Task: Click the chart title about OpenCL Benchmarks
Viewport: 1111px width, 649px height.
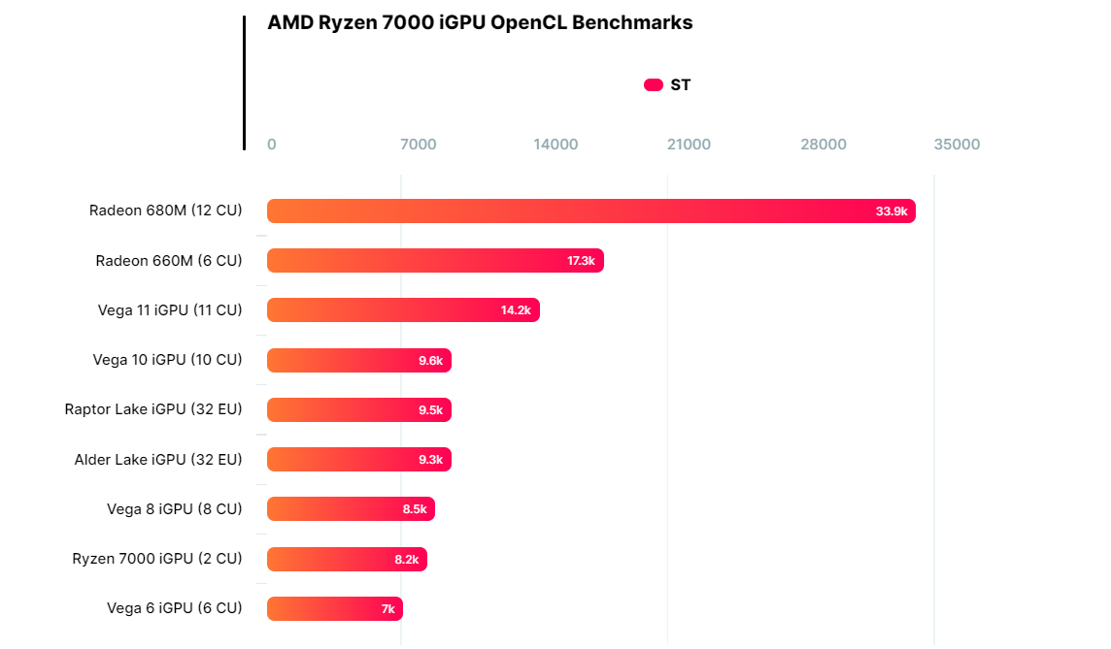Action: tap(480, 23)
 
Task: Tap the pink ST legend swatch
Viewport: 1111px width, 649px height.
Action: tap(654, 85)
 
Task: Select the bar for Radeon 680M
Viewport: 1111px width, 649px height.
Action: tap(590, 211)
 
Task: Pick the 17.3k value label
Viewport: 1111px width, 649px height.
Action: tap(581, 261)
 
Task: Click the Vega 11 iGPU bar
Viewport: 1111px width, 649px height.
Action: tap(403, 310)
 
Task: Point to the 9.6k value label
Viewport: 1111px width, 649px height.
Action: tap(430, 361)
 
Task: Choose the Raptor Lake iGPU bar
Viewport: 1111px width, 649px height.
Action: tap(359, 410)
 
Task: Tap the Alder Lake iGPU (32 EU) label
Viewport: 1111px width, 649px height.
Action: tap(158, 460)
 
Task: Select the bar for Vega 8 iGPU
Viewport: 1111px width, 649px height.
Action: tap(351, 509)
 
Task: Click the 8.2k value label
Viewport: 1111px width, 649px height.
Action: tap(407, 560)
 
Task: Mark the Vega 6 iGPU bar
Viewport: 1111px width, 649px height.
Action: tap(334, 609)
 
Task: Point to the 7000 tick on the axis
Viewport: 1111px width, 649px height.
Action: tap(419, 145)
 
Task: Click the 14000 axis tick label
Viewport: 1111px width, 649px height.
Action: tap(555, 145)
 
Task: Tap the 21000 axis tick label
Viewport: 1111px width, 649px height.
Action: tap(689, 145)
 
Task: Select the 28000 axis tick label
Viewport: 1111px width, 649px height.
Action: tap(824, 145)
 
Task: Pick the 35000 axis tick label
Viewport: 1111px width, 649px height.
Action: tap(957, 145)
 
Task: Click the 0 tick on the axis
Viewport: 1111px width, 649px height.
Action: tap(272, 145)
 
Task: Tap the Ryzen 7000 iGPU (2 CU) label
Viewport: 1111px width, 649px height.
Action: tap(157, 559)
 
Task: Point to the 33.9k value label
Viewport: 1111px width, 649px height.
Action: tap(891, 211)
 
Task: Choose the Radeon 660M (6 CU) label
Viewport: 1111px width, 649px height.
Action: tap(169, 261)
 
